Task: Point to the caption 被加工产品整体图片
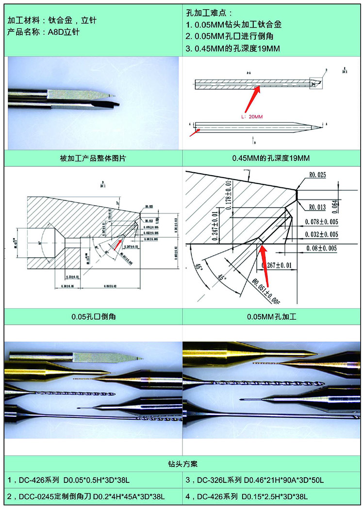click(93, 159)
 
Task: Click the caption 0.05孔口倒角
click(93, 317)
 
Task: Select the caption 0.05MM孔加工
click(272, 317)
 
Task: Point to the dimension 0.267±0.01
click(276, 265)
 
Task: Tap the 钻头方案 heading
click(182, 464)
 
